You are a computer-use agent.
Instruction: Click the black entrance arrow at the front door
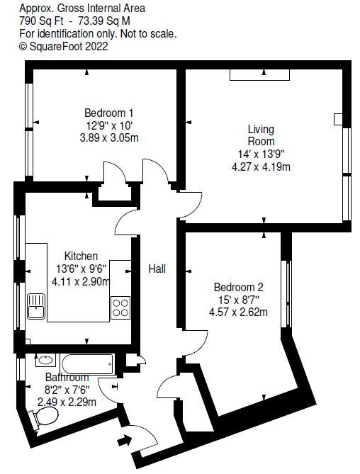[x=124, y=440]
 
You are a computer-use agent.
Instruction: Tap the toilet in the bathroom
[x=43, y=417]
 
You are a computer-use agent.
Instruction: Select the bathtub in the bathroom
[x=87, y=363]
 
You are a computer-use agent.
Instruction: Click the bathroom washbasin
[x=45, y=360]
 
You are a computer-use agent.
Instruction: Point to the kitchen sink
[x=36, y=306]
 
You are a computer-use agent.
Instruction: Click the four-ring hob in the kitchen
[x=120, y=307]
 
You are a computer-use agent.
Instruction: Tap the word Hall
[x=157, y=269]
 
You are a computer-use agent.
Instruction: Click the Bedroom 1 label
[x=109, y=113]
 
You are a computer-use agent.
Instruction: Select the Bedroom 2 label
[x=239, y=286]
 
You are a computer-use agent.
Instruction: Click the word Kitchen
[x=81, y=256]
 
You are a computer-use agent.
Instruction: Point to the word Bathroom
[x=67, y=377]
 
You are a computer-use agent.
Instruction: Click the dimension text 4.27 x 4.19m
[x=261, y=167]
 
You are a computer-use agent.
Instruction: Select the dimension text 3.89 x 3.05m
[x=109, y=138]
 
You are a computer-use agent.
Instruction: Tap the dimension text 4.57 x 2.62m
[x=239, y=311]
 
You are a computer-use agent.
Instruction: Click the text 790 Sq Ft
[x=41, y=21]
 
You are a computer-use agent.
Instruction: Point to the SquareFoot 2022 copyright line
[x=64, y=46]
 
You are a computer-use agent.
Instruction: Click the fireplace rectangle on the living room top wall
[x=259, y=74]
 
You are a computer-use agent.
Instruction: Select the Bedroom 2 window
[x=286, y=294]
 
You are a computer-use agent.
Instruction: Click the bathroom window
[x=21, y=369]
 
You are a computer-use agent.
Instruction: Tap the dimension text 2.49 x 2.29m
[x=67, y=402]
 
